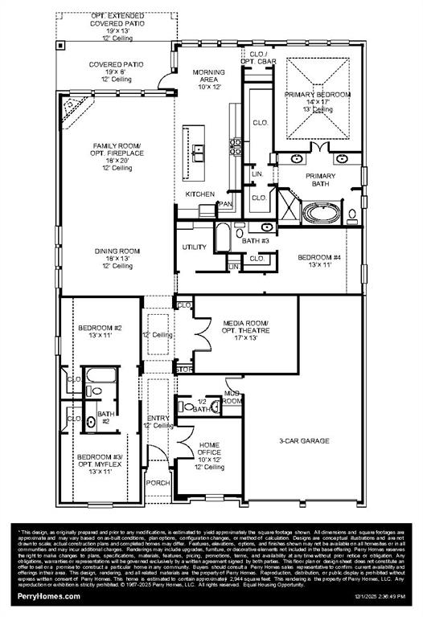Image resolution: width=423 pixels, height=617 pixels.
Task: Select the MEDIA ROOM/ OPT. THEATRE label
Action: pyautogui.click(x=244, y=329)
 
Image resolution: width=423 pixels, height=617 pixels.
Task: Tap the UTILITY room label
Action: pyautogui.click(x=195, y=247)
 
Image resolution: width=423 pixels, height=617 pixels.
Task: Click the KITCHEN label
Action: pyautogui.click(x=199, y=194)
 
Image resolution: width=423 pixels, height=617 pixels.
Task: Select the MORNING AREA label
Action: pyautogui.click(x=207, y=79)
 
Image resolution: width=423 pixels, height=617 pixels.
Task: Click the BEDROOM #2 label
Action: pyautogui.click(x=99, y=333)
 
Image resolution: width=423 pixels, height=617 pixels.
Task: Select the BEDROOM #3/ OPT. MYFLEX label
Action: pyautogui.click(x=99, y=463)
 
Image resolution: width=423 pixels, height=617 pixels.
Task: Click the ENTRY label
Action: pyautogui.click(x=158, y=420)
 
